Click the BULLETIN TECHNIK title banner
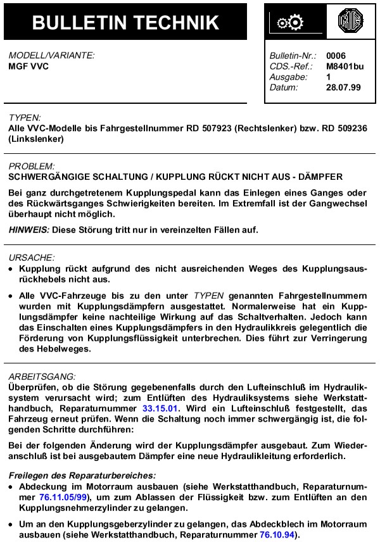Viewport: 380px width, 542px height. point(125,22)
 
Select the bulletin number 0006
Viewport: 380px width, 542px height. point(336,56)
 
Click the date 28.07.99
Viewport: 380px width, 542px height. point(344,87)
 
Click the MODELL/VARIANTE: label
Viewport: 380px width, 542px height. point(51,55)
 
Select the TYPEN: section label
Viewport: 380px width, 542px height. point(25,117)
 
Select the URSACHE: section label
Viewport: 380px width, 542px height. point(32,258)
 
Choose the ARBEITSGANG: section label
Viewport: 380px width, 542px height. point(42,376)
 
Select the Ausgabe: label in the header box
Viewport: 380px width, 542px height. point(288,77)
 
